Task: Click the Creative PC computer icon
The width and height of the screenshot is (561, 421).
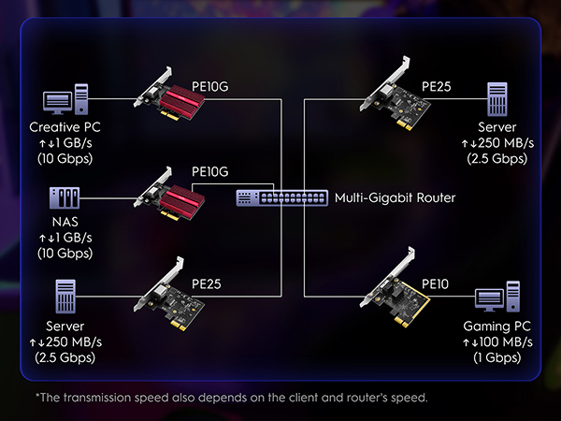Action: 65,99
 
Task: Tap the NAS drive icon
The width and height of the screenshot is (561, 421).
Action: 65,197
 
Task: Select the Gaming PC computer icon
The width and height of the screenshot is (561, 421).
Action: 497,297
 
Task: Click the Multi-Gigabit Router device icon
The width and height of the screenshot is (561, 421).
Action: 282,197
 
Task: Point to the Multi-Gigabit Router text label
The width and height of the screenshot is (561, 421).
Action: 395,197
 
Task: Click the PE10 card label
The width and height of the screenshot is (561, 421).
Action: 435,283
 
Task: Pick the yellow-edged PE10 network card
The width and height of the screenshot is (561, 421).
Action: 395,287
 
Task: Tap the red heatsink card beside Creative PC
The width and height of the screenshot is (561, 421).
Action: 169,93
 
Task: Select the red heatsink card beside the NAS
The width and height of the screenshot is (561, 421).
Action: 169,194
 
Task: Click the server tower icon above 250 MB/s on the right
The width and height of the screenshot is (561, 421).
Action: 497,99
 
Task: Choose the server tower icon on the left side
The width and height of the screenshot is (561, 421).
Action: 65,297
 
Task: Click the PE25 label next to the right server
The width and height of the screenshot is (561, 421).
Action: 437,86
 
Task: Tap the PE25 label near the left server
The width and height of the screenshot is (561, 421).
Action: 207,283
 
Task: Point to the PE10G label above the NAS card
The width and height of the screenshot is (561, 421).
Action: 210,171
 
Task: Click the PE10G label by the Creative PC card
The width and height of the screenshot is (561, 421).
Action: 210,86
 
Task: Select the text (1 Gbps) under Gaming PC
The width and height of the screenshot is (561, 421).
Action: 497,357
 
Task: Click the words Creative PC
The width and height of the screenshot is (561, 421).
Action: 65,127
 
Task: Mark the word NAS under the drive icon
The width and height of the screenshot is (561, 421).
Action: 65,222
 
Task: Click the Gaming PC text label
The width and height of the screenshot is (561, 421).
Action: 497,327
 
